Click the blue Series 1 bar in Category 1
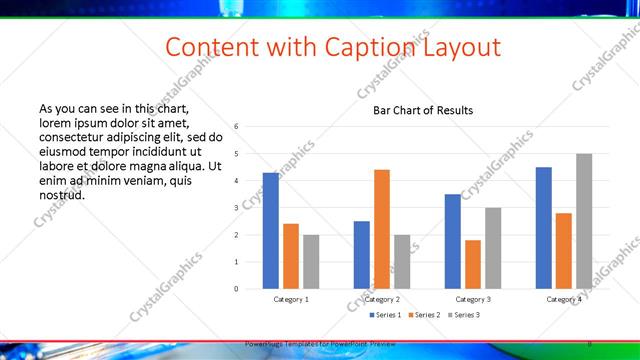(x=270, y=231)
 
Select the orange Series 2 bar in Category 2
(x=382, y=229)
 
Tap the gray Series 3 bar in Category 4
(x=584, y=221)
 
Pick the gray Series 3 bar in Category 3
(x=493, y=248)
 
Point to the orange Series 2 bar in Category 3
(x=473, y=264)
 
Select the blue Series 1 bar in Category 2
(x=361, y=255)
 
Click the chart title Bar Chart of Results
(x=423, y=110)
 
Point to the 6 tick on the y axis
(x=236, y=127)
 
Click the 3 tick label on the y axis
(x=236, y=208)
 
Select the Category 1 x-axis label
(x=291, y=299)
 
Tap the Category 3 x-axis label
(x=473, y=299)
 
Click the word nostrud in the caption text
(x=61, y=194)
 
